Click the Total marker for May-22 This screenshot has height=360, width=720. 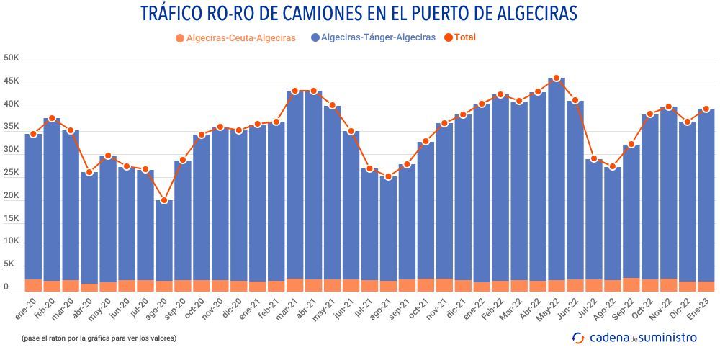tap(556, 78)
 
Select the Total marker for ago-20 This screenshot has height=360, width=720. tap(164, 200)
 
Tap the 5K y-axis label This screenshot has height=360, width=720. tap(10, 264)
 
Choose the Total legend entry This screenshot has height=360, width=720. tap(465, 37)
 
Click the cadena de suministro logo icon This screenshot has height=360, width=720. tap(578, 337)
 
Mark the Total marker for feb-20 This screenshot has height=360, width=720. tap(52, 118)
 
